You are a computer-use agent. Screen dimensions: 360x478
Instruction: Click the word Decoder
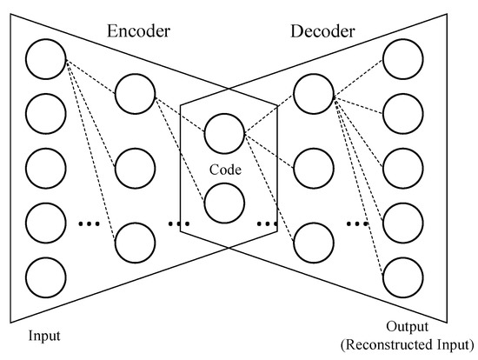(322, 31)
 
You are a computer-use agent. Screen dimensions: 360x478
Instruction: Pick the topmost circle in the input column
(46, 58)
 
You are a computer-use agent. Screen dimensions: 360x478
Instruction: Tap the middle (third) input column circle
(46, 167)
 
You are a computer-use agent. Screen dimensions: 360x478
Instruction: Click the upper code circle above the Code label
(225, 133)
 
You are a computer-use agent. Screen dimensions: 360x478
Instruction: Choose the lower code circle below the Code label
(225, 201)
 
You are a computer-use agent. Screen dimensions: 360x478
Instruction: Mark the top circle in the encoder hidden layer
(135, 93)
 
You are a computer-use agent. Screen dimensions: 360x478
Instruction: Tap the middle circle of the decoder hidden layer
(315, 166)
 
